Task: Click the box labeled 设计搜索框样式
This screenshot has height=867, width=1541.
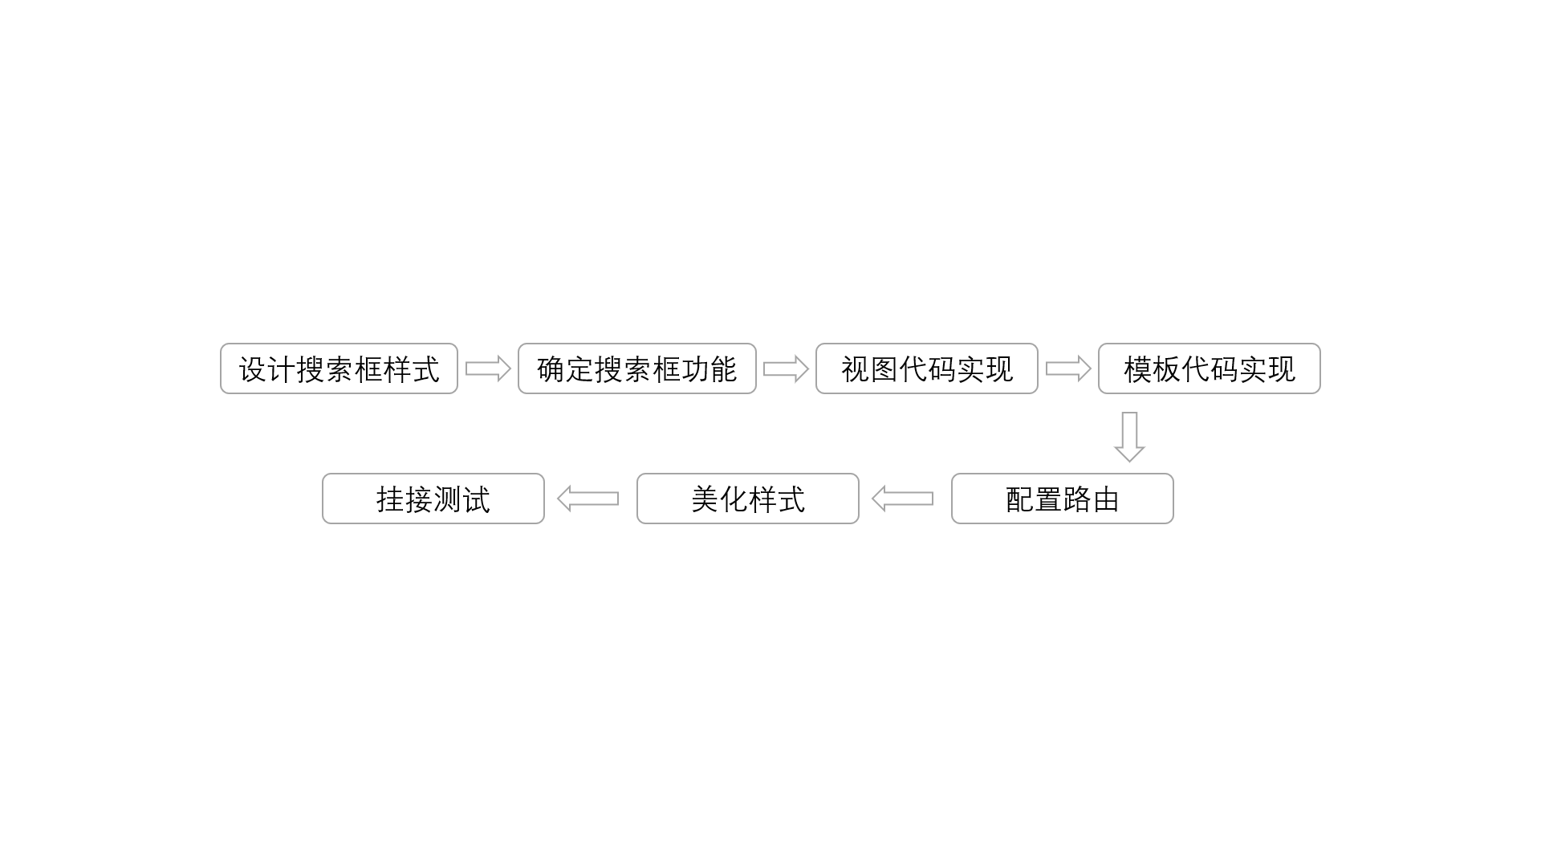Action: (x=339, y=368)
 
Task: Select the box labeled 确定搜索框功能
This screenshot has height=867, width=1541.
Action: (x=637, y=368)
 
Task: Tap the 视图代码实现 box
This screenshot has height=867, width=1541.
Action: (x=927, y=368)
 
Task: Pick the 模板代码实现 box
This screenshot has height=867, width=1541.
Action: (x=1210, y=368)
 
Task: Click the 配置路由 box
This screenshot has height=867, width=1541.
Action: (x=1063, y=499)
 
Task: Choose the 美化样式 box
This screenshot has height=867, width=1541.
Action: (x=748, y=499)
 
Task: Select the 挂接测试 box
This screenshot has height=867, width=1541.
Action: (x=433, y=499)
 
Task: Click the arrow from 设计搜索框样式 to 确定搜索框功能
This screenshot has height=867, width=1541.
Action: (x=488, y=368)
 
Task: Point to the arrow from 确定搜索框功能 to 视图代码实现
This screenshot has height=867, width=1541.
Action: (x=786, y=368)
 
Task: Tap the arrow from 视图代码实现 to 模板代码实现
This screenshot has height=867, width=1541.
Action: (x=1068, y=368)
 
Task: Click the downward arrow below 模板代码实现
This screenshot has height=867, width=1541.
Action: (x=1129, y=437)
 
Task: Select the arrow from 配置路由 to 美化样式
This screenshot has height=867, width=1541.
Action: (x=903, y=499)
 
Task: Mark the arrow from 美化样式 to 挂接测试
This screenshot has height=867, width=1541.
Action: (x=588, y=499)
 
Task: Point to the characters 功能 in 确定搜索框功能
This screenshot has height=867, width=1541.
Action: (x=709, y=369)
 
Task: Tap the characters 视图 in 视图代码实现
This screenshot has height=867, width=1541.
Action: (x=870, y=369)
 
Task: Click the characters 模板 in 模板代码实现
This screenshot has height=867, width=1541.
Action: (x=1153, y=369)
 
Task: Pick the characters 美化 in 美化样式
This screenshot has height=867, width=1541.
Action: (x=719, y=499)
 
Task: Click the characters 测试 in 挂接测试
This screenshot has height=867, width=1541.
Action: (x=462, y=499)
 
